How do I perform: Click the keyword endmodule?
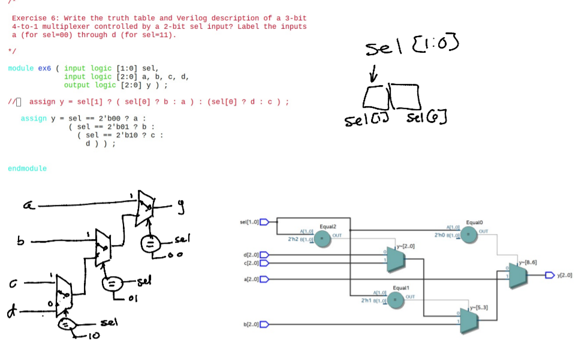[x=27, y=169]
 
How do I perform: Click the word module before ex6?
[x=21, y=68]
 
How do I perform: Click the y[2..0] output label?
[x=564, y=276]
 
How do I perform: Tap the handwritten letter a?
[x=27, y=206]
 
